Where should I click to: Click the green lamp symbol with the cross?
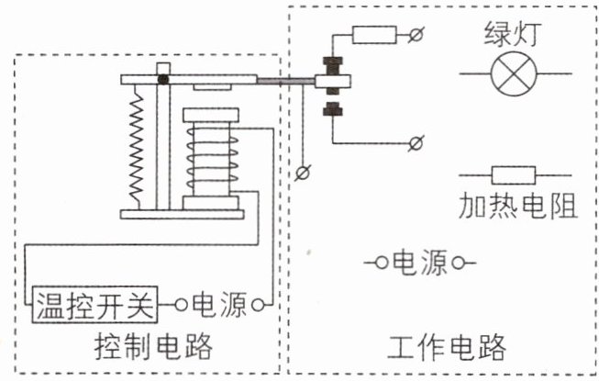[x=514, y=73]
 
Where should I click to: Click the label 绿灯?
[x=513, y=34]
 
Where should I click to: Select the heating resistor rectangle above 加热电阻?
[x=514, y=175]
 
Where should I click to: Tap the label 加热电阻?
[x=517, y=206]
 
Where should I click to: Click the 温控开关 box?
[x=94, y=305]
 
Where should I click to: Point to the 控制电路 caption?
[x=153, y=347]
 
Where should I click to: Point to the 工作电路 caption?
[x=446, y=347]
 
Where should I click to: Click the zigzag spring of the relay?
[x=137, y=147]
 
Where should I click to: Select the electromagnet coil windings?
[x=212, y=159]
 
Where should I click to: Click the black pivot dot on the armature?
[x=163, y=79]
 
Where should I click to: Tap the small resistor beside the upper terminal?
[x=374, y=35]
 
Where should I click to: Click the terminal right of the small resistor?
[x=416, y=35]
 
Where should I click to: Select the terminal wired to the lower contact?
[x=416, y=143]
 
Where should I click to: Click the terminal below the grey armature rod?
[x=303, y=173]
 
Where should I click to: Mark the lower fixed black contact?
[x=333, y=109]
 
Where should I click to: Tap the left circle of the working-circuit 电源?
[x=381, y=263]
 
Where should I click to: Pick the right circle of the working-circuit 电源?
[x=458, y=263]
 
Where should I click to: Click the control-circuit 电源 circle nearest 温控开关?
[x=181, y=305]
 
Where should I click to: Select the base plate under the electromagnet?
[x=183, y=215]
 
